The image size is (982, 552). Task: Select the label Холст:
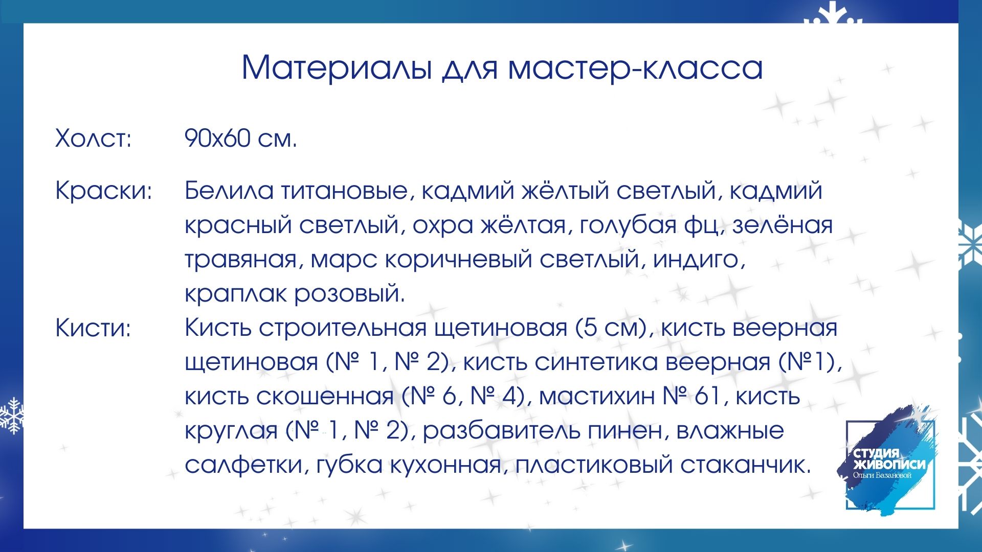click(x=94, y=138)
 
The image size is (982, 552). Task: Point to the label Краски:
click(x=104, y=191)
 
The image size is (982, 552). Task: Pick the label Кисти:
click(x=93, y=327)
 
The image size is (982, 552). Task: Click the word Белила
click(x=229, y=191)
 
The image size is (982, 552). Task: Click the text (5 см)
click(x=613, y=328)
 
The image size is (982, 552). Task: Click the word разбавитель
click(x=501, y=431)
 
